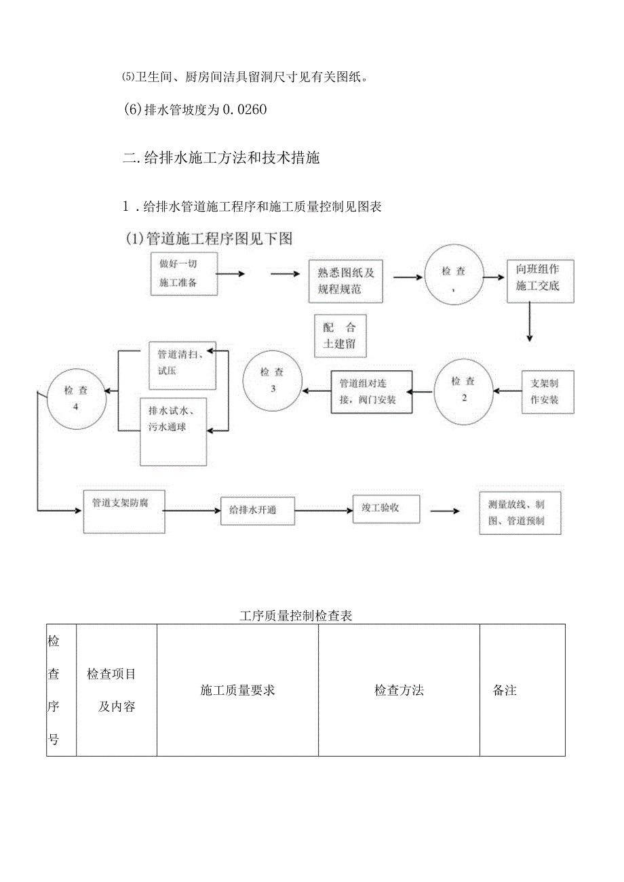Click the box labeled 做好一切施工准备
184,273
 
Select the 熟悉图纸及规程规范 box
345,281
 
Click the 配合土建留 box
340,335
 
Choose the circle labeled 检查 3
272,381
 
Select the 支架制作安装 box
548,392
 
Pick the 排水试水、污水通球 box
173,430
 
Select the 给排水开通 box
258,510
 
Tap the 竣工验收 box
386,508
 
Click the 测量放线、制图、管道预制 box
520,513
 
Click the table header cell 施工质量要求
237,690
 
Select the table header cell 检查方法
399,690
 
